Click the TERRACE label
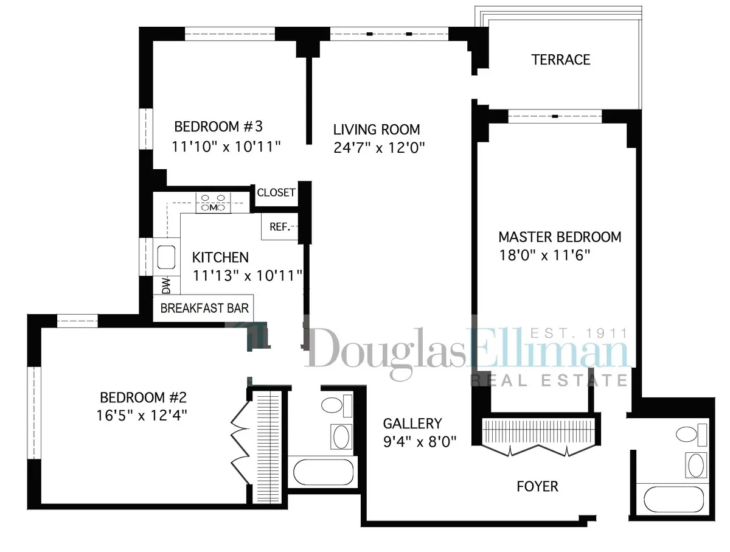(560, 60)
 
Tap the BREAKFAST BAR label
(204, 308)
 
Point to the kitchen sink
(166, 256)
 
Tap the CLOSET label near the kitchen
(276, 193)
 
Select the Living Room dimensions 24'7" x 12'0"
(378, 147)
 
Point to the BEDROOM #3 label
(218, 127)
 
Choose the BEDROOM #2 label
(143, 398)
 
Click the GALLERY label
(412, 424)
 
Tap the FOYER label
(537, 486)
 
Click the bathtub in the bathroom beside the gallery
(323, 472)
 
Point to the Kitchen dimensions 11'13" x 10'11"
(248, 276)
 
